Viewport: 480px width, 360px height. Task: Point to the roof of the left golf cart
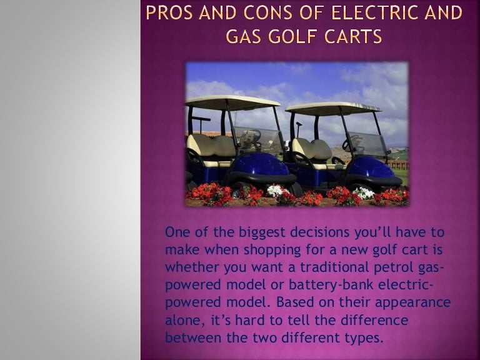[232, 101]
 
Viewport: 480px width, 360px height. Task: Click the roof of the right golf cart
[332, 107]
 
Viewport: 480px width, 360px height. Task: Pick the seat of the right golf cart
[309, 150]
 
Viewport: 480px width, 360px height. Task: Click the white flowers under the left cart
[275, 191]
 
